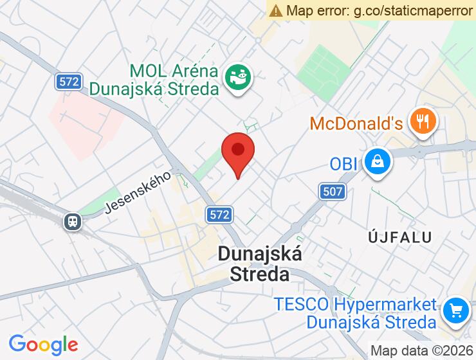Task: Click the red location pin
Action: pos(238,152)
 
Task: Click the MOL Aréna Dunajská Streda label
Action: pos(174,79)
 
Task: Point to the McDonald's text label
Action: pos(356,123)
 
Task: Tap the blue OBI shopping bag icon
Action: pos(377,162)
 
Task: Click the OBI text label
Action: pos(343,164)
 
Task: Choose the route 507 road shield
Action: pos(331,191)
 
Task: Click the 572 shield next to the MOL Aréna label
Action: pos(68,82)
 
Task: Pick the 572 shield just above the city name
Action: pos(219,215)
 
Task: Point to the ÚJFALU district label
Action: pos(399,237)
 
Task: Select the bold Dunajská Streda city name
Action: pos(259,264)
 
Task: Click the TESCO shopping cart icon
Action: pos(456,312)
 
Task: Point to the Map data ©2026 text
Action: pos(421,351)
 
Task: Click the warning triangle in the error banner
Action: pos(276,10)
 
